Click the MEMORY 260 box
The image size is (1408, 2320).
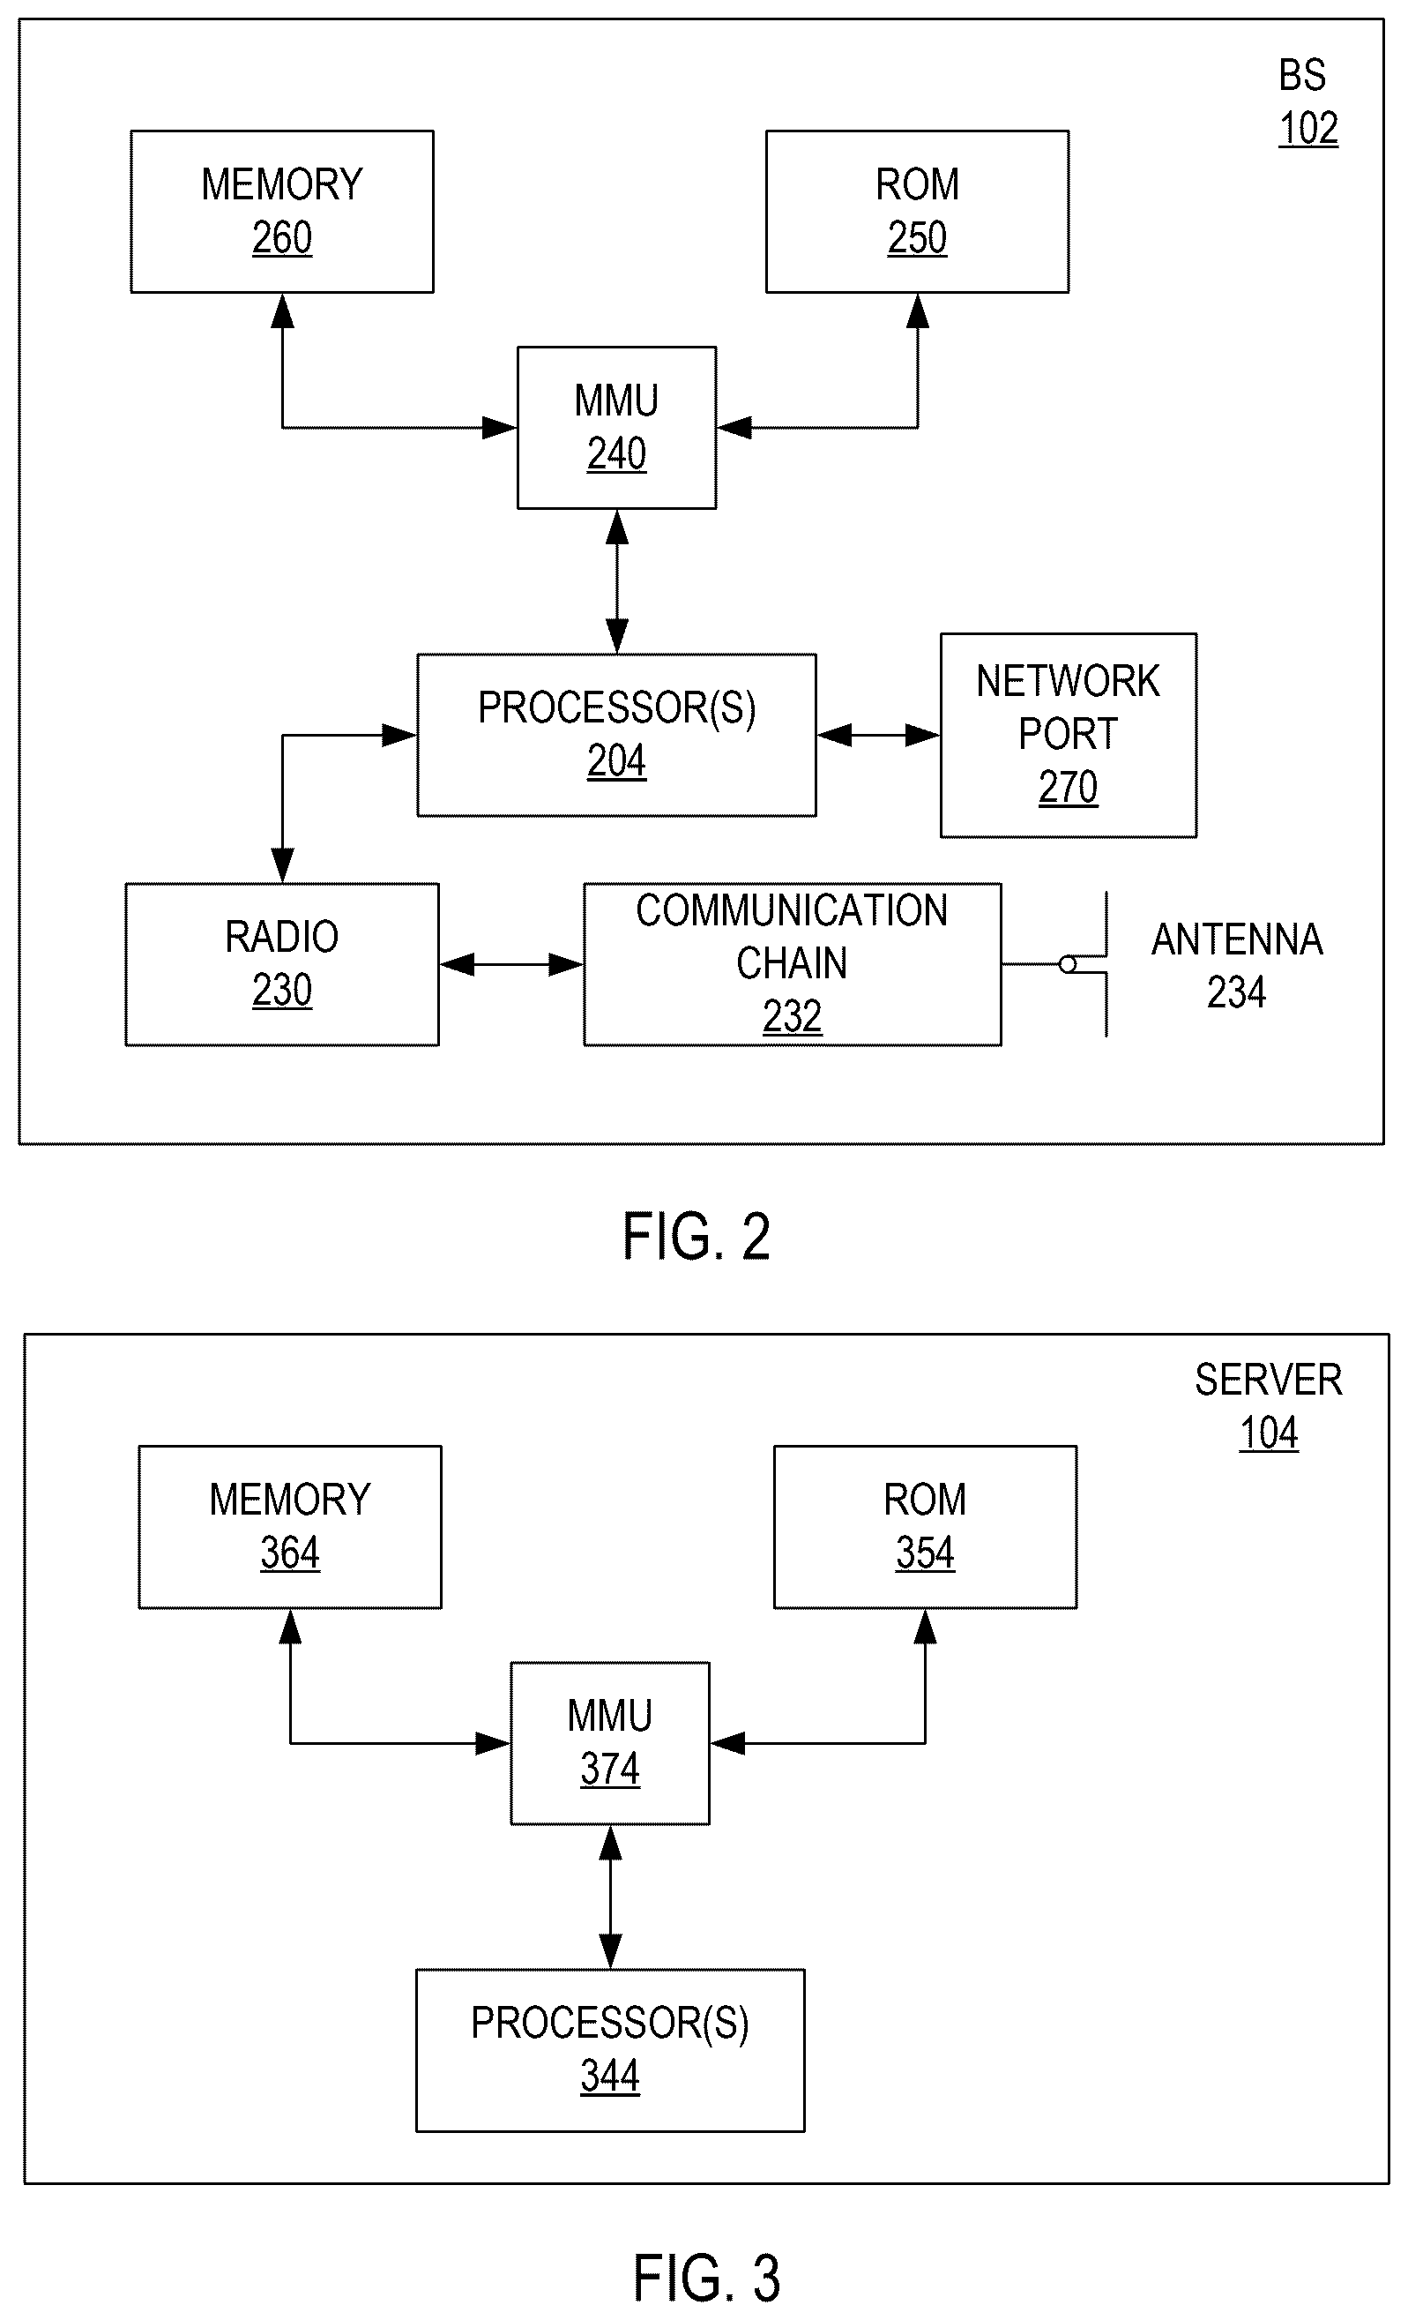282,212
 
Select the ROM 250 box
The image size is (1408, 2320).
917,212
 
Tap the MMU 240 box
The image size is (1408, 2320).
616,428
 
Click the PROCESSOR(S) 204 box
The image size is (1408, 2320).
616,735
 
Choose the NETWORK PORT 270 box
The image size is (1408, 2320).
1069,735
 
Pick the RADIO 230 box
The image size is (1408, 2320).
282,964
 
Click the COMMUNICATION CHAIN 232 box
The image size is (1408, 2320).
793,964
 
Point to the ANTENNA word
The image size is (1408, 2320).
1237,939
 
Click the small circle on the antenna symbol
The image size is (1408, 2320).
1068,964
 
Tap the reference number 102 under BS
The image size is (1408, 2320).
1308,128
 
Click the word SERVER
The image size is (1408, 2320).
1269,1381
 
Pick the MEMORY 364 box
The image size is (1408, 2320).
290,1527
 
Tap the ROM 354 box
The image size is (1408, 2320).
925,1527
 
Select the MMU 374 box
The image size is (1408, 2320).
610,1743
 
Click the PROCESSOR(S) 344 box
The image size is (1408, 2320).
610,2050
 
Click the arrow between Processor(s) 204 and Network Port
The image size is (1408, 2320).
878,735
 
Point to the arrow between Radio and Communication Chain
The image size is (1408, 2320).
511,964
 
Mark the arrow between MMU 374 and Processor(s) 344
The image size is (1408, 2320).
610,1897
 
